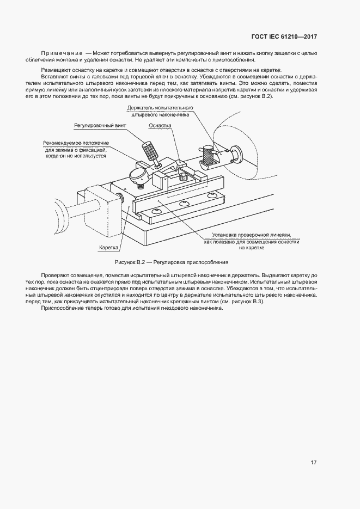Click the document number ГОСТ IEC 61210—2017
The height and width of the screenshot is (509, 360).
tap(284, 37)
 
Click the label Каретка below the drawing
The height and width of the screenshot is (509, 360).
tap(109, 247)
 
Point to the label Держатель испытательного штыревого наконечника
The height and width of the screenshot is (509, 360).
tap(160, 112)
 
